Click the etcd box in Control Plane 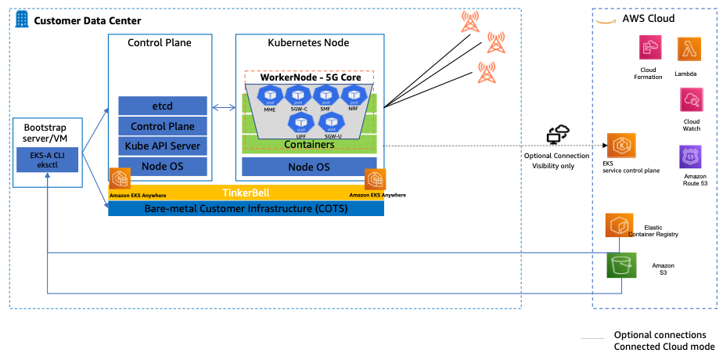pos(163,105)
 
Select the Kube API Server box pos(163,146)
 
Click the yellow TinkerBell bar pos(246,192)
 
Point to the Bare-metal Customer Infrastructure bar pos(246,208)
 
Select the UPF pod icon pos(301,121)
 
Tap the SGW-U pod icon pos(333,121)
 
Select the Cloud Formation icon pos(650,50)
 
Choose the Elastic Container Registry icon pos(620,225)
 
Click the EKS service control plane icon pos(620,146)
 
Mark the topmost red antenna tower pos(470,21)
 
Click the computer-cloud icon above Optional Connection pos(559,134)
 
